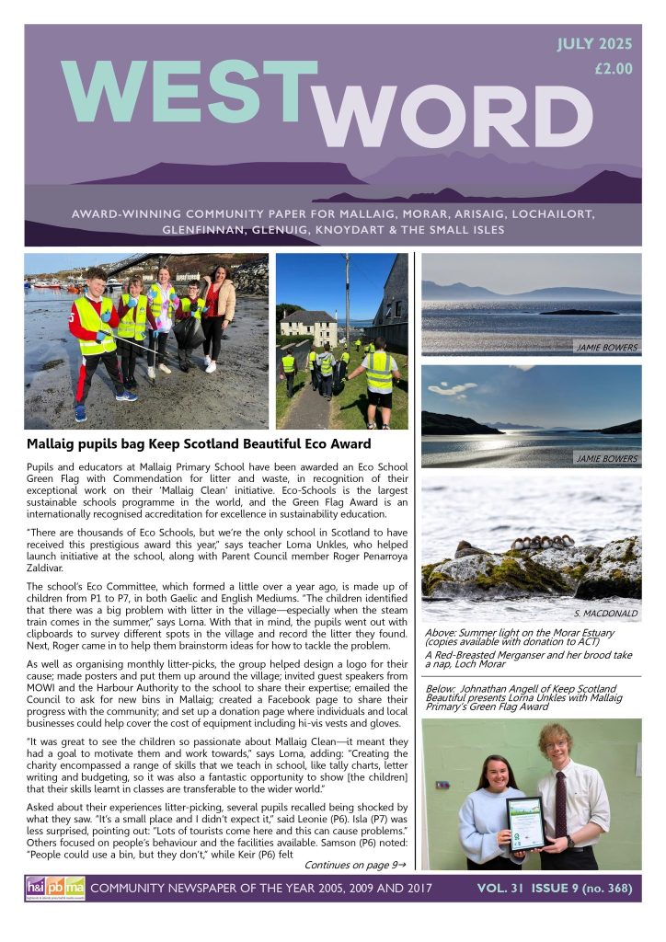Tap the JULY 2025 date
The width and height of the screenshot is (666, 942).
pos(595,44)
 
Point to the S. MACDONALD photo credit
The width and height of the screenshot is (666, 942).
pos(603,613)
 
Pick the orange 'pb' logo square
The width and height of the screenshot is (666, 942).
pos(55,888)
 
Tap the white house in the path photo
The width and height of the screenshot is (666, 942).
pos(309,327)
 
